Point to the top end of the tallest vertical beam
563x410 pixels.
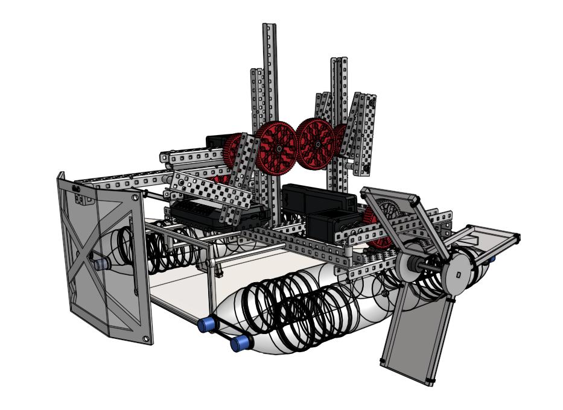click(x=269, y=27)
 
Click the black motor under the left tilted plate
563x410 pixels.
click(x=217, y=214)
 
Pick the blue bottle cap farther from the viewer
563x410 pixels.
click(x=208, y=324)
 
